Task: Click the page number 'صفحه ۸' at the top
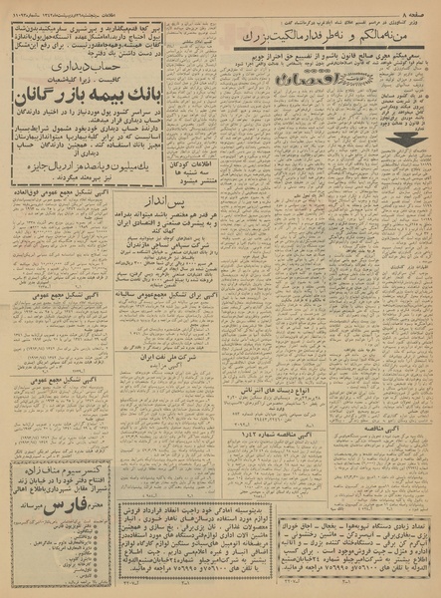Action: pyautogui.click(x=419, y=8)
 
